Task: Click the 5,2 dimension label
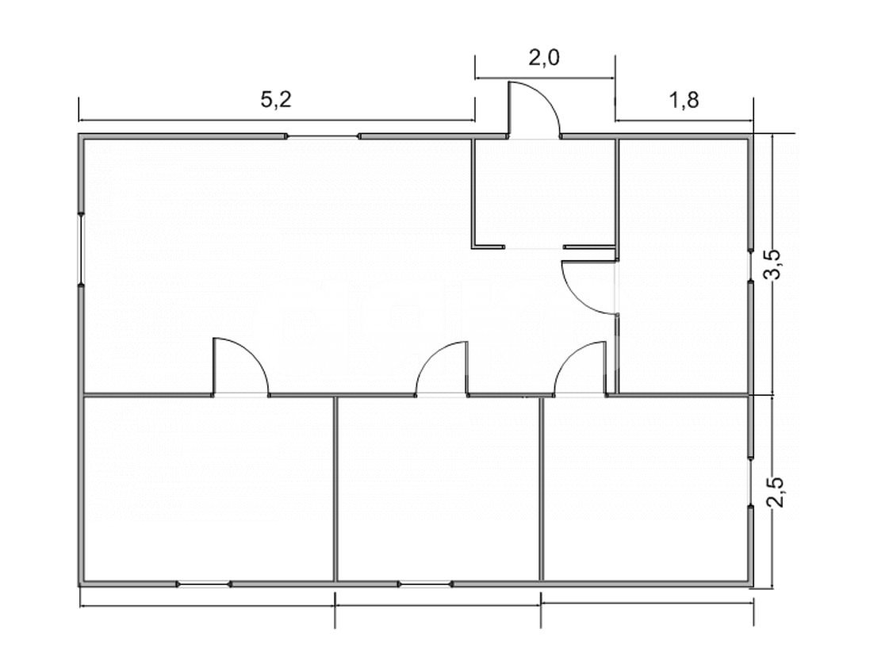(x=276, y=100)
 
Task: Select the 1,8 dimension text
(x=684, y=101)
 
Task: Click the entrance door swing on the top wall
(x=533, y=111)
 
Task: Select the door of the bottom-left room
(x=239, y=368)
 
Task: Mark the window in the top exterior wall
(x=322, y=136)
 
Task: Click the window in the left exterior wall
(x=81, y=248)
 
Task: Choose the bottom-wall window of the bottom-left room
(x=203, y=584)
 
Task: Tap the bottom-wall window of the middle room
(x=425, y=584)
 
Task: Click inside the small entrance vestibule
(x=544, y=192)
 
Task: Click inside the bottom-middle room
(x=438, y=489)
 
